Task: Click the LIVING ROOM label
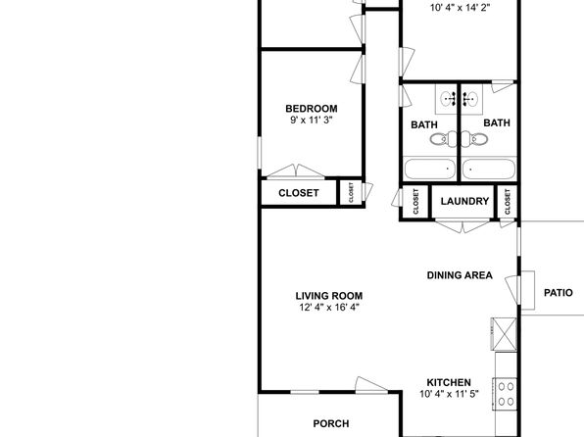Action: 329,296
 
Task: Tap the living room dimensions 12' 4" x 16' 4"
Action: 329,308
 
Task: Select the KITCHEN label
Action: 449,382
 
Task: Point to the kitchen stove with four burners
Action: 506,394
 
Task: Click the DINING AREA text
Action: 460,275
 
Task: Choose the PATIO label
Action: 559,293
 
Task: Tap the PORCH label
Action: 331,423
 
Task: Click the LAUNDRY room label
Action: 464,201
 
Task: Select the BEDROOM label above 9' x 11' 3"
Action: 312,109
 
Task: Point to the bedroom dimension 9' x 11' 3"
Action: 312,120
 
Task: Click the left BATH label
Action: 424,124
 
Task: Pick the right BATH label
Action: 497,122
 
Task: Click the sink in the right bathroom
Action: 471,99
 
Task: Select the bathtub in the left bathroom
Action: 429,170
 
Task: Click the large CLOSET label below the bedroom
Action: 299,193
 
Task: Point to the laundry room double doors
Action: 462,225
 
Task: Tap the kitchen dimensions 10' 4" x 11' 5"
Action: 449,394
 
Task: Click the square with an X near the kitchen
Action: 505,334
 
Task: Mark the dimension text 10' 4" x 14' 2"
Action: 460,8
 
